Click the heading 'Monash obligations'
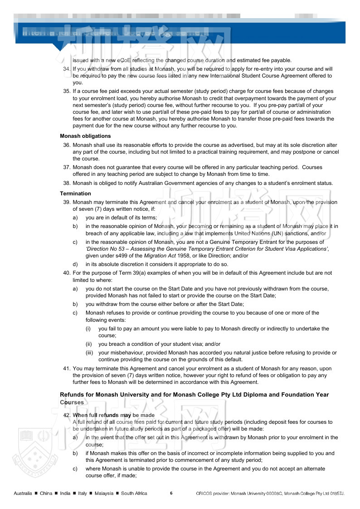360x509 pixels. pyautogui.click(x=85, y=136)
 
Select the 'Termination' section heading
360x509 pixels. pyautogui.click(x=75, y=194)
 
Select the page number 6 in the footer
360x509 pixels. pyautogui.click(x=171, y=493)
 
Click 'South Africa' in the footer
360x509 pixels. pyautogui.click(x=134, y=493)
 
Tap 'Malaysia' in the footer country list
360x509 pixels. pyautogui.click(x=101, y=493)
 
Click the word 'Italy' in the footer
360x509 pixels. pyautogui.click(x=82, y=493)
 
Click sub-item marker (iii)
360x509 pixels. pyautogui.click(x=90, y=353)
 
